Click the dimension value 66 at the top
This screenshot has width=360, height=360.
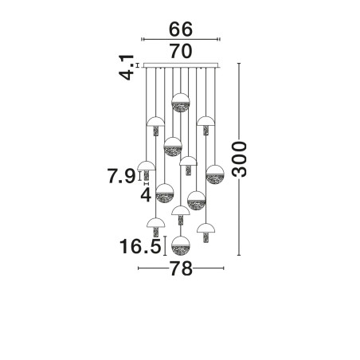tap(181, 29)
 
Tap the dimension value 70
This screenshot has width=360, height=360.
tap(181, 51)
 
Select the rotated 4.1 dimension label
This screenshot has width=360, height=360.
tap(126, 67)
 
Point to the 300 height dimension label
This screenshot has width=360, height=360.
tap(239, 159)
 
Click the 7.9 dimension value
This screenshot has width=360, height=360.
tap(122, 176)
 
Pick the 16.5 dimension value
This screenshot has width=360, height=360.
tap(140, 246)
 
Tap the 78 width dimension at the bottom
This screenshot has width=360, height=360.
tap(181, 268)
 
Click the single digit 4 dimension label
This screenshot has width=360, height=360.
tap(146, 195)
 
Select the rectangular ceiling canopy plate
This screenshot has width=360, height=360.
tap(181, 65)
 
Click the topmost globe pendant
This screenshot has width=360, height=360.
tap(181, 103)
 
